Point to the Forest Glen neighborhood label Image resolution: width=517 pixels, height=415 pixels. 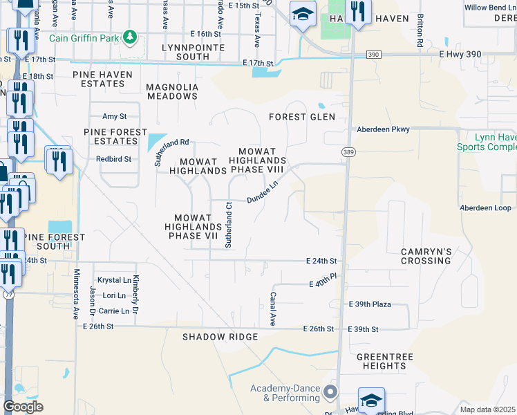point(302,117)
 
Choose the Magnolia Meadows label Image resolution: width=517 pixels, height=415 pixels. point(172,91)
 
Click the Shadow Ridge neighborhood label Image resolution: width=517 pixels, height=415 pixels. point(220,337)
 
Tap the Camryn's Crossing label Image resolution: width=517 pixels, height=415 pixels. point(426,256)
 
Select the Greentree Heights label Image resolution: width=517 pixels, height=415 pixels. point(381,361)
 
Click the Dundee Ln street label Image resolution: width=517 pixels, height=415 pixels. point(263,194)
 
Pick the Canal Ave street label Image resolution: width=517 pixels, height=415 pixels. point(272,308)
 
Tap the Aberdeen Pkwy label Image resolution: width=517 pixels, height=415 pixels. point(383,129)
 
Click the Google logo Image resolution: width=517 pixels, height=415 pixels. point(23,407)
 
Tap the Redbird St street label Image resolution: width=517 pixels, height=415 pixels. point(114,158)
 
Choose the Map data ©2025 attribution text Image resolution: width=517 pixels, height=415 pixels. point(488,409)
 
